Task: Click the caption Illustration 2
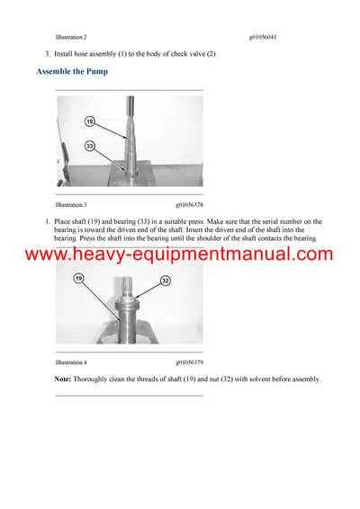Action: click(x=71, y=38)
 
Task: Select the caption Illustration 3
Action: click(x=71, y=205)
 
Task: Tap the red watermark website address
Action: click(x=179, y=254)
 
